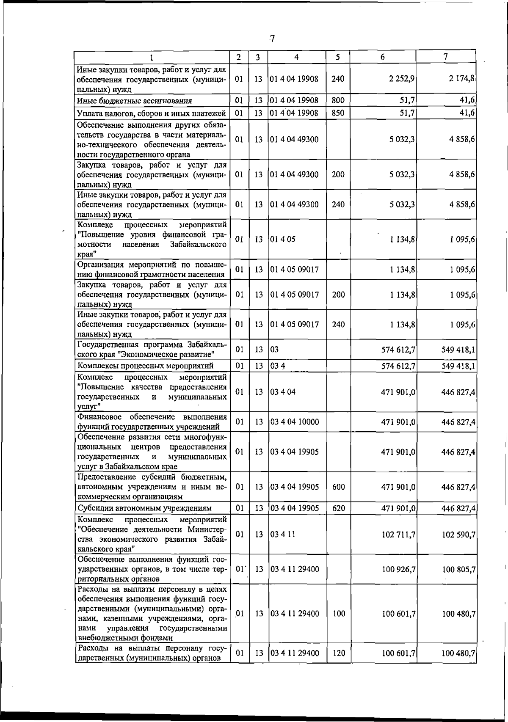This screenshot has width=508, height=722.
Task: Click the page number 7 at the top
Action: click(x=272, y=39)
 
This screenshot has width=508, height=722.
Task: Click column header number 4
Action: click(x=296, y=57)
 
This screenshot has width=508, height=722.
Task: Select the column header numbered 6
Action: click(x=382, y=57)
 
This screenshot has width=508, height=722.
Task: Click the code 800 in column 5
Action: click(x=338, y=100)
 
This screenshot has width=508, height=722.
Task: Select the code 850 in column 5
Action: click(x=338, y=113)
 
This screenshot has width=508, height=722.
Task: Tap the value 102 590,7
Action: click(x=459, y=535)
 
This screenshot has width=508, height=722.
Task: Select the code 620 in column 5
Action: click(x=338, y=508)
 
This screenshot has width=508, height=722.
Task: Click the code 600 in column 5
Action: click(x=338, y=487)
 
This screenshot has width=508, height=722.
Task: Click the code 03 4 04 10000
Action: click(x=295, y=422)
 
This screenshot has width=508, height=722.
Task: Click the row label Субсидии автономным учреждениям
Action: click(x=144, y=508)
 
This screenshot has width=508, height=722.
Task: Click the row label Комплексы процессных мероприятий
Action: click(x=145, y=366)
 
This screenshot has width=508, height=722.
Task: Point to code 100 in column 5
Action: click(x=339, y=614)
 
